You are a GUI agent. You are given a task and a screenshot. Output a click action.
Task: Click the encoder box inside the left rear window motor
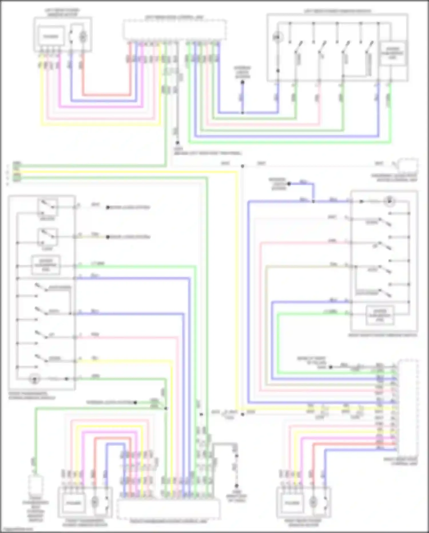click(51, 36)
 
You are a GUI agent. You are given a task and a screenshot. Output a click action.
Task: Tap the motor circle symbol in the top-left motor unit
click(83, 36)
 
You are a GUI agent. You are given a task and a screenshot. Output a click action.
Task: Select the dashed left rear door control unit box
click(175, 30)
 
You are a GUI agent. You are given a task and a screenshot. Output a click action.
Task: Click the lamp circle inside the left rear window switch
click(277, 37)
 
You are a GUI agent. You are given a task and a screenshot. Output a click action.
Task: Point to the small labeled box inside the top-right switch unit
click(393, 53)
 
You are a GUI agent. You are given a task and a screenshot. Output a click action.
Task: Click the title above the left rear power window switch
click(337, 11)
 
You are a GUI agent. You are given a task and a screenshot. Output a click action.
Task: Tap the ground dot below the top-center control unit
click(177, 143)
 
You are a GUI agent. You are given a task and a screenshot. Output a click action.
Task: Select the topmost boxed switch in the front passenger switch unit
click(47, 207)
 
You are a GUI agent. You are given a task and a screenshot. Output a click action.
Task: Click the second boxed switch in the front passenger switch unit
click(47, 237)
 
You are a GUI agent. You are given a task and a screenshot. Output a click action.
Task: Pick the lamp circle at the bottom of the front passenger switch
click(34, 379)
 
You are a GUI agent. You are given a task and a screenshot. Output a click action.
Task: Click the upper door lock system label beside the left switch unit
click(128, 207)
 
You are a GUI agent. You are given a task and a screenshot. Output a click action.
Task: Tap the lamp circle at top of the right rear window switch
click(389, 201)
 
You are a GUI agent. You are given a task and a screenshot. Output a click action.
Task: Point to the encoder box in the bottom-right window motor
click(292, 503)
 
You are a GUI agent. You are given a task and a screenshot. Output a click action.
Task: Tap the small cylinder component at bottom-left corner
click(35, 484)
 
